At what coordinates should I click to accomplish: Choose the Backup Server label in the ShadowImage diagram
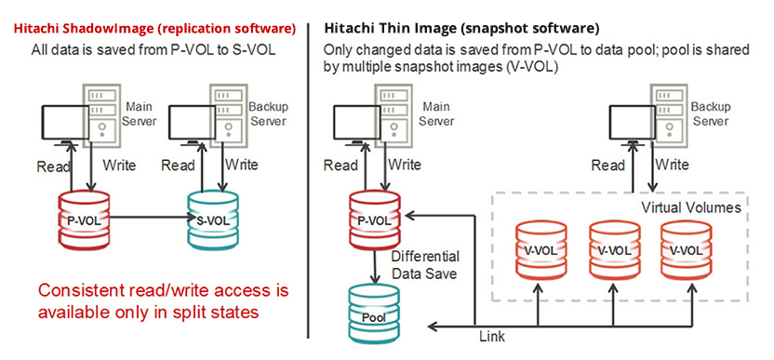click(268, 115)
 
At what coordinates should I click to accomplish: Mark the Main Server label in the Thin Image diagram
click(437, 115)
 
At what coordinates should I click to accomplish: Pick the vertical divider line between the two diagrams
click(308, 177)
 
